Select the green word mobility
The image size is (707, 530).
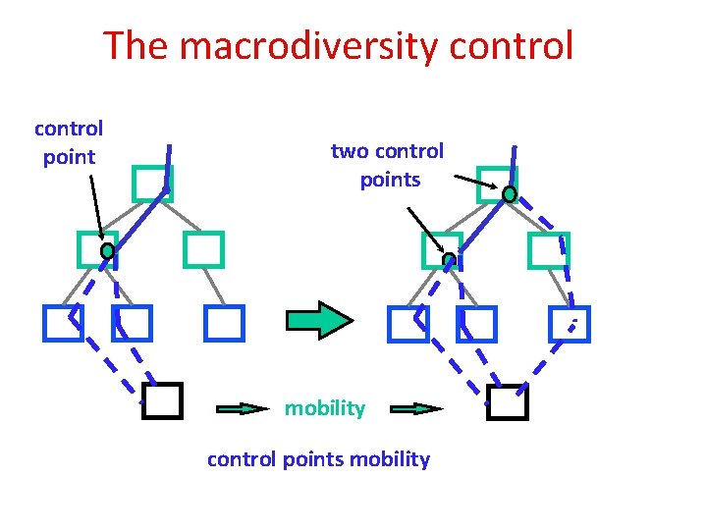coord(324,408)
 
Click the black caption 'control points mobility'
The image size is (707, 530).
coord(318,459)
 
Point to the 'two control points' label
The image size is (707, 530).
coord(388,165)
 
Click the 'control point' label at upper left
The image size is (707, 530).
coord(69,142)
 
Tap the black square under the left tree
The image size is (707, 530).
coord(162,400)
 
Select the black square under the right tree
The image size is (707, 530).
coord(508,400)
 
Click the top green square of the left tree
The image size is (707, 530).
coord(152,183)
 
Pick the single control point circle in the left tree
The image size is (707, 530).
coord(107,251)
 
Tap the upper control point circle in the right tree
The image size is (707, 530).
coord(510,194)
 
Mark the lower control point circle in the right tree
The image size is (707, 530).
coord(449,260)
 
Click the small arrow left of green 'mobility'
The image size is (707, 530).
coord(241,408)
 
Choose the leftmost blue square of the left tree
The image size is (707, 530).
coord(63,322)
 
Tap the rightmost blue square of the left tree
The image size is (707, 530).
coord(223,322)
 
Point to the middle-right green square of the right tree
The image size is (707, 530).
coord(548,250)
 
